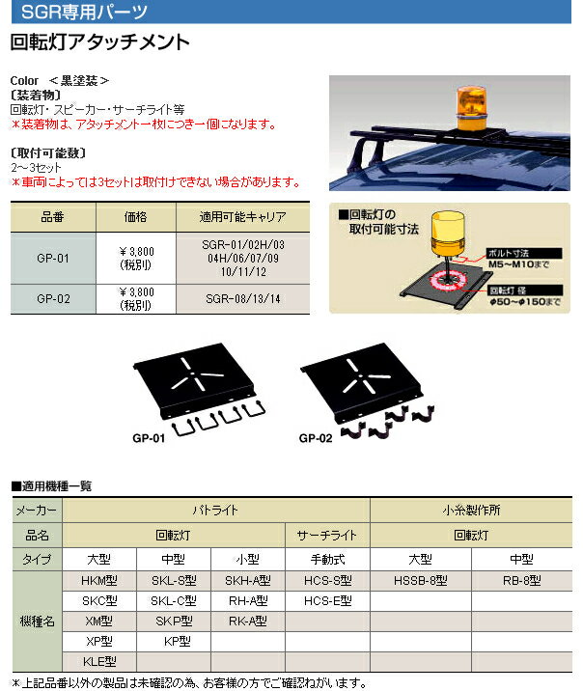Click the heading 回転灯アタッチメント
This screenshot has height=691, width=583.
[x=98, y=42]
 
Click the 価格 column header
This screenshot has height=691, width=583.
[x=137, y=217]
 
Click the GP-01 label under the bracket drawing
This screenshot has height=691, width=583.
[x=147, y=436]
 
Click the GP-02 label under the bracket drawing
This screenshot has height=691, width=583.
[x=315, y=436]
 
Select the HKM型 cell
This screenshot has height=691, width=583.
[x=101, y=581]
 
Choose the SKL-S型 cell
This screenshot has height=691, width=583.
[x=174, y=581]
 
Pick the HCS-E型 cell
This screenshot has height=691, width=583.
[x=327, y=601]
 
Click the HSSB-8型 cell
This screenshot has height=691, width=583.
[x=421, y=581]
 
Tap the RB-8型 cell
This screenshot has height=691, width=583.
[x=521, y=581]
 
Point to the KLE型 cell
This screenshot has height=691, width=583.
[x=101, y=662]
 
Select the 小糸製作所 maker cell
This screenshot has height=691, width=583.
[x=471, y=509]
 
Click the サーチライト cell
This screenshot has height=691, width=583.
[x=327, y=534]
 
